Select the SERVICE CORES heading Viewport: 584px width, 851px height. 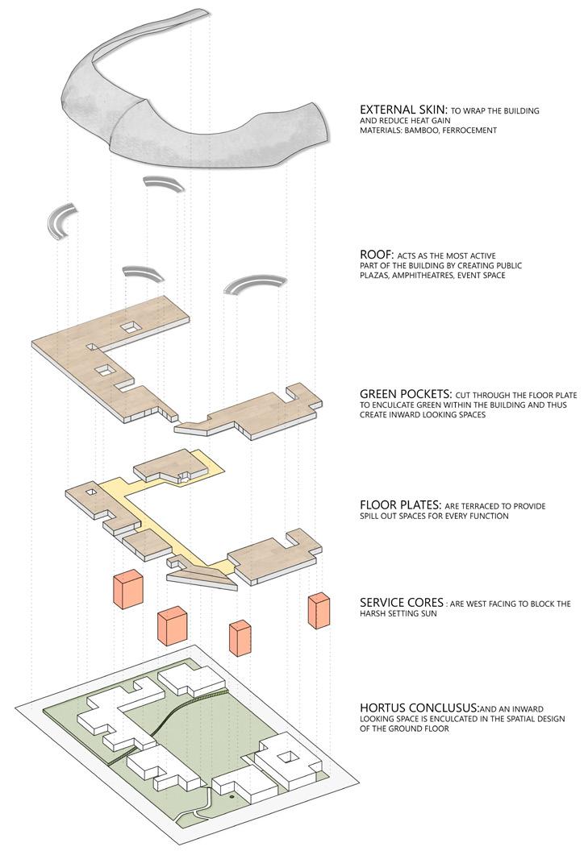click(x=401, y=603)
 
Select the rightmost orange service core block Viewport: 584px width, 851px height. click(x=319, y=611)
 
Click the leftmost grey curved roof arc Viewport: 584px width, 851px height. click(x=61, y=220)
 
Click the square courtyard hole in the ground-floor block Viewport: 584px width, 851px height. click(x=286, y=757)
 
